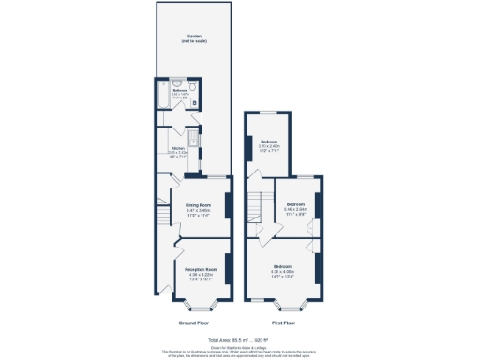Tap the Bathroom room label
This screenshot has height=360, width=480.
(x=180, y=90)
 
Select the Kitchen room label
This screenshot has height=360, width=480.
(x=177, y=148)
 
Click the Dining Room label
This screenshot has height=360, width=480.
(x=197, y=204)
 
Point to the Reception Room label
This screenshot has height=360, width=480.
(x=202, y=269)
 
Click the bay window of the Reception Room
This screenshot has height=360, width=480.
(x=200, y=305)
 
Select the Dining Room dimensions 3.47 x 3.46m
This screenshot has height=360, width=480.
(x=197, y=210)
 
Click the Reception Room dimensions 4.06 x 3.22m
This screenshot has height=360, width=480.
(x=202, y=274)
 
